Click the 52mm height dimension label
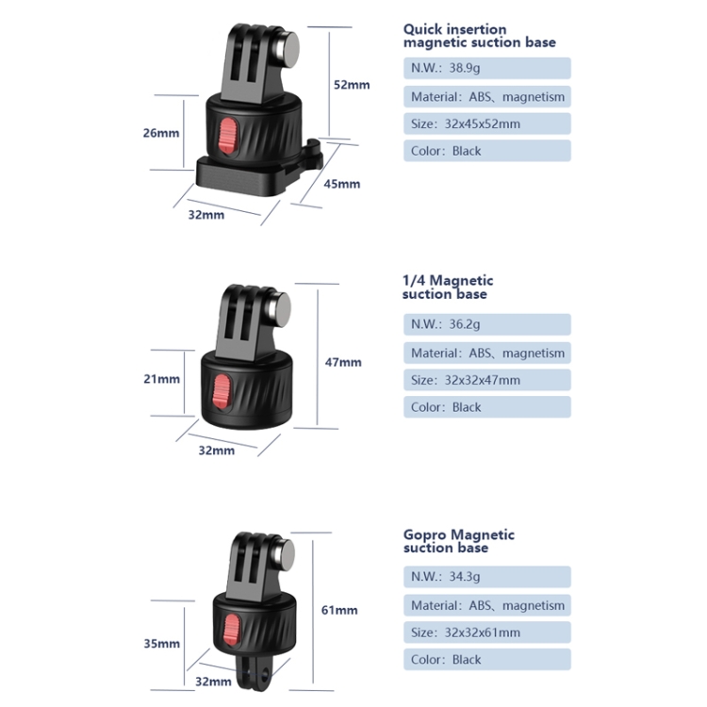[x=352, y=85]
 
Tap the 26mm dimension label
[x=161, y=133]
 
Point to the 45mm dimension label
[x=342, y=184]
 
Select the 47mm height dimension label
[x=343, y=362]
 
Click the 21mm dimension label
[x=161, y=379]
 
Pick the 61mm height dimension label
[x=339, y=610]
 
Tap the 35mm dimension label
[x=161, y=644]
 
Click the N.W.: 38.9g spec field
[x=487, y=69]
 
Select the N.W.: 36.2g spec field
[x=487, y=324]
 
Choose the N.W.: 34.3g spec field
[x=487, y=577]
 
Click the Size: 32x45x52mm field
[x=487, y=123]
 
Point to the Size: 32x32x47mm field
[x=487, y=380]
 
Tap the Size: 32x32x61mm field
[x=487, y=633]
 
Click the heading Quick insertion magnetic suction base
[x=479, y=36]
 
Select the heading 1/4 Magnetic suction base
[x=448, y=288]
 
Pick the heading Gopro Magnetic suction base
[x=459, y=541]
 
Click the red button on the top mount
[x=227, y=137]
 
